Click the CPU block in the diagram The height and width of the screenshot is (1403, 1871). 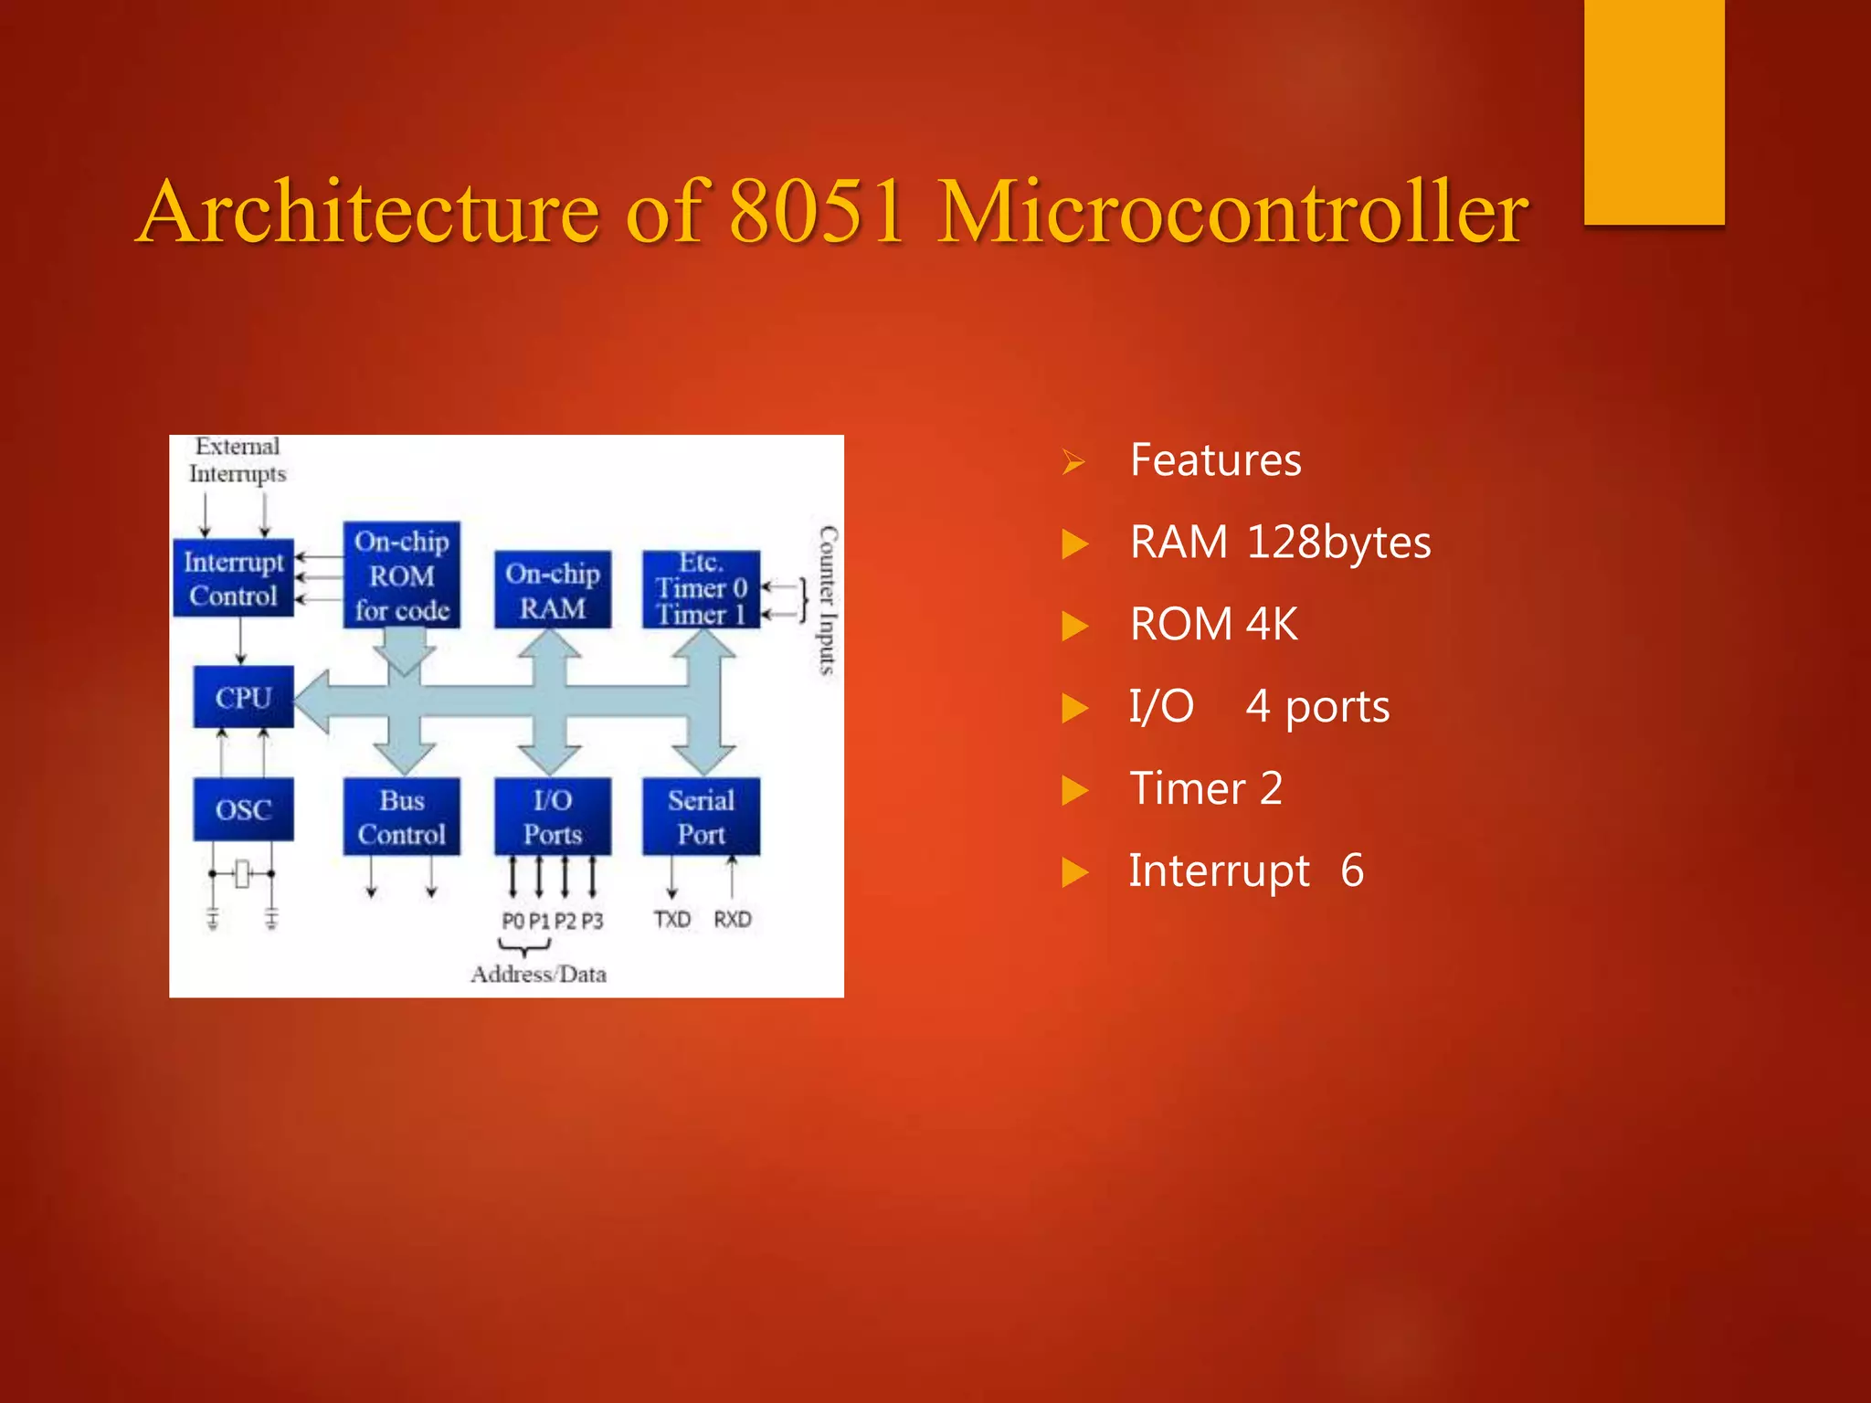(x=243, y=698)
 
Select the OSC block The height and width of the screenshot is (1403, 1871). (x=243, y=809)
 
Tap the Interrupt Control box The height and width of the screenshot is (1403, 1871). (x=233, y=578)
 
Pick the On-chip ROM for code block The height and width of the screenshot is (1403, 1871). (x=402, y=575)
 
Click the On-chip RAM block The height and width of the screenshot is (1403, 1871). (x=553, y=590)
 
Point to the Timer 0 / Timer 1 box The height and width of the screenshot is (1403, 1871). (x=701, y=589)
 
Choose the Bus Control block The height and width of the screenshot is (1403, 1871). (x=402, y=817)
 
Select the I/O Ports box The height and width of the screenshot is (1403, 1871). (x=553, y=817)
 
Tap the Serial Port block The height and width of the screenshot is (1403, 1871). (x=701, y=817)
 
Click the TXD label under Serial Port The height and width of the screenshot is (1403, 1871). (x=672, y=919)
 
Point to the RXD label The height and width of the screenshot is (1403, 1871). (x=733, y=919)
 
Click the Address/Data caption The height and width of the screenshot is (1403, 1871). (x=538, y=975)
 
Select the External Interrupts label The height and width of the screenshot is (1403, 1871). (x=238, y=459)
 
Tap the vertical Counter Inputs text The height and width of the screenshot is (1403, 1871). (x=828, y=599)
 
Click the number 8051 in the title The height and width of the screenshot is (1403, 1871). (x=817, y=212)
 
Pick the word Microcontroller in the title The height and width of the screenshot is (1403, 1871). (x=1233, y=212)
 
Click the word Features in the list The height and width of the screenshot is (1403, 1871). (x=1215, y=459)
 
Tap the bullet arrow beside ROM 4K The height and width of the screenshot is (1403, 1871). (x=1075, y=627)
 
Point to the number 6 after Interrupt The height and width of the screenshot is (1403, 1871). (x=1352, y=870)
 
